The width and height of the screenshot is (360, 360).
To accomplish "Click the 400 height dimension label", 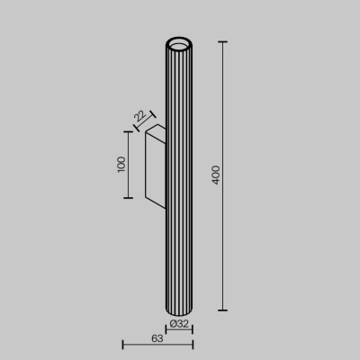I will [215, 173].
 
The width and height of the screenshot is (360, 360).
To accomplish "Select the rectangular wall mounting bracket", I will [154, 165].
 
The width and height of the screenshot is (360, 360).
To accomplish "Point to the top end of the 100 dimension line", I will [133, 130].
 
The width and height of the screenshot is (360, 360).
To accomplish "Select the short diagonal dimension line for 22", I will [146, 120].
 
